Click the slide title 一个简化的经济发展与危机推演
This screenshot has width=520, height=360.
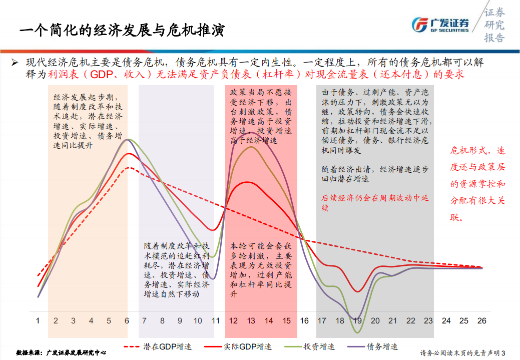click(x=122, y=30)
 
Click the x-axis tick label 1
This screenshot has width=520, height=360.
click(x=38, y=320)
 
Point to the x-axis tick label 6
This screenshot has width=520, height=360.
click(x=127, y=320)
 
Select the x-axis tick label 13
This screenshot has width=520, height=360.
click(x=251, y=320)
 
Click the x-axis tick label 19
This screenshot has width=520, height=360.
click(x=357, y=320)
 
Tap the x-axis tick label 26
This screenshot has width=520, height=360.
click(x=481, y=320)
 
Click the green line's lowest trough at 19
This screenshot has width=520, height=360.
click(x=357, y=332)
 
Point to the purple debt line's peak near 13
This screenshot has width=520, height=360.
click(x=250, y=133)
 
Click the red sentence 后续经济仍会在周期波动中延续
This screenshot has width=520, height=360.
click(x=375, y=202)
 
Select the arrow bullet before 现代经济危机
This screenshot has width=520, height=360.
click(x=15, y=63)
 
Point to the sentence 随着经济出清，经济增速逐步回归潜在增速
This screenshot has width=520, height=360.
click(x=375, y=174)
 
